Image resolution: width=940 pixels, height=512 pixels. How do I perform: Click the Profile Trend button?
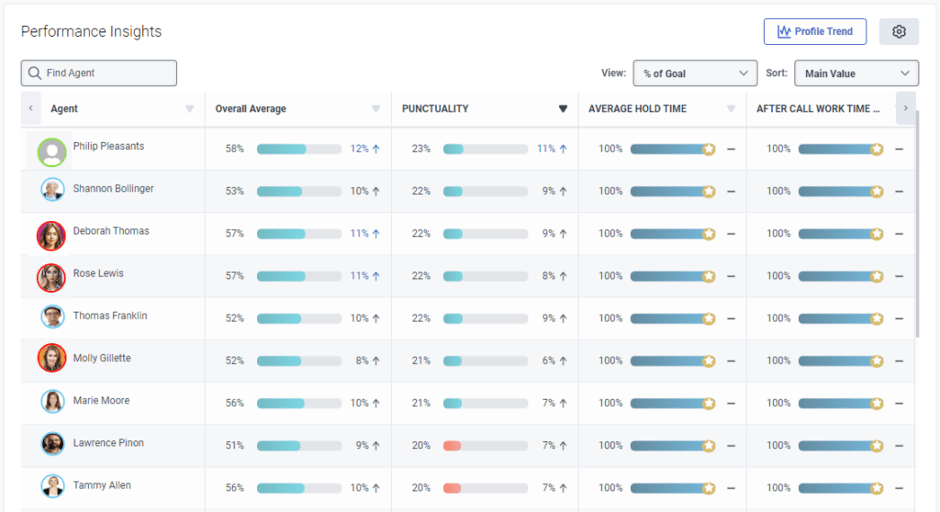pos(814,31)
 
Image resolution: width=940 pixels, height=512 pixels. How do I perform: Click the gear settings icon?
pos(899,31)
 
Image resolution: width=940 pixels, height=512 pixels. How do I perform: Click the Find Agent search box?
pos(99,73)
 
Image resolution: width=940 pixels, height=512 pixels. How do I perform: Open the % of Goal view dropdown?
pos(695,73)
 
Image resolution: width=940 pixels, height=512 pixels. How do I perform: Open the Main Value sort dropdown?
pos(856,73)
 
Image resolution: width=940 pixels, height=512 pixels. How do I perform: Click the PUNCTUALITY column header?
pos(435,108)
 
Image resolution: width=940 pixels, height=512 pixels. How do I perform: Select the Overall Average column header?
pos(251,108)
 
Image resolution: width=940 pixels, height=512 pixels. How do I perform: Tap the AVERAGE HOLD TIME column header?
pos(637,108)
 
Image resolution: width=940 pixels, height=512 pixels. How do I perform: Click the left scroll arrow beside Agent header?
pos(30,108)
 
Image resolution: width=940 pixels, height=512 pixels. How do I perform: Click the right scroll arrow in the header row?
pos(905,108)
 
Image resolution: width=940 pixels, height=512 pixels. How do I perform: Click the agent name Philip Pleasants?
pos(108,147)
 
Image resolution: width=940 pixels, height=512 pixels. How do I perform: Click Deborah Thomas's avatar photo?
pos(51,235)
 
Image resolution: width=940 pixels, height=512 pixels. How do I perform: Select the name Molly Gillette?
pos(102,359)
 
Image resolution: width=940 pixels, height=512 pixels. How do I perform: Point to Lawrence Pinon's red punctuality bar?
pos(453,446)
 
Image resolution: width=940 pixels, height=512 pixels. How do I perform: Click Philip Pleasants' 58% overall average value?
pos(234,149)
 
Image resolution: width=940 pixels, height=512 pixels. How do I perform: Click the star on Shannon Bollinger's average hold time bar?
pos(709,192)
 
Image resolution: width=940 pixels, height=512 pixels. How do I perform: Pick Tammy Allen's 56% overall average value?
pos(234,488)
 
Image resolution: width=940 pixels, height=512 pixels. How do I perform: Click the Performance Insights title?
pos(91,31)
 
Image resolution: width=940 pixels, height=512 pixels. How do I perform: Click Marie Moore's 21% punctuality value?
pos(420,404)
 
